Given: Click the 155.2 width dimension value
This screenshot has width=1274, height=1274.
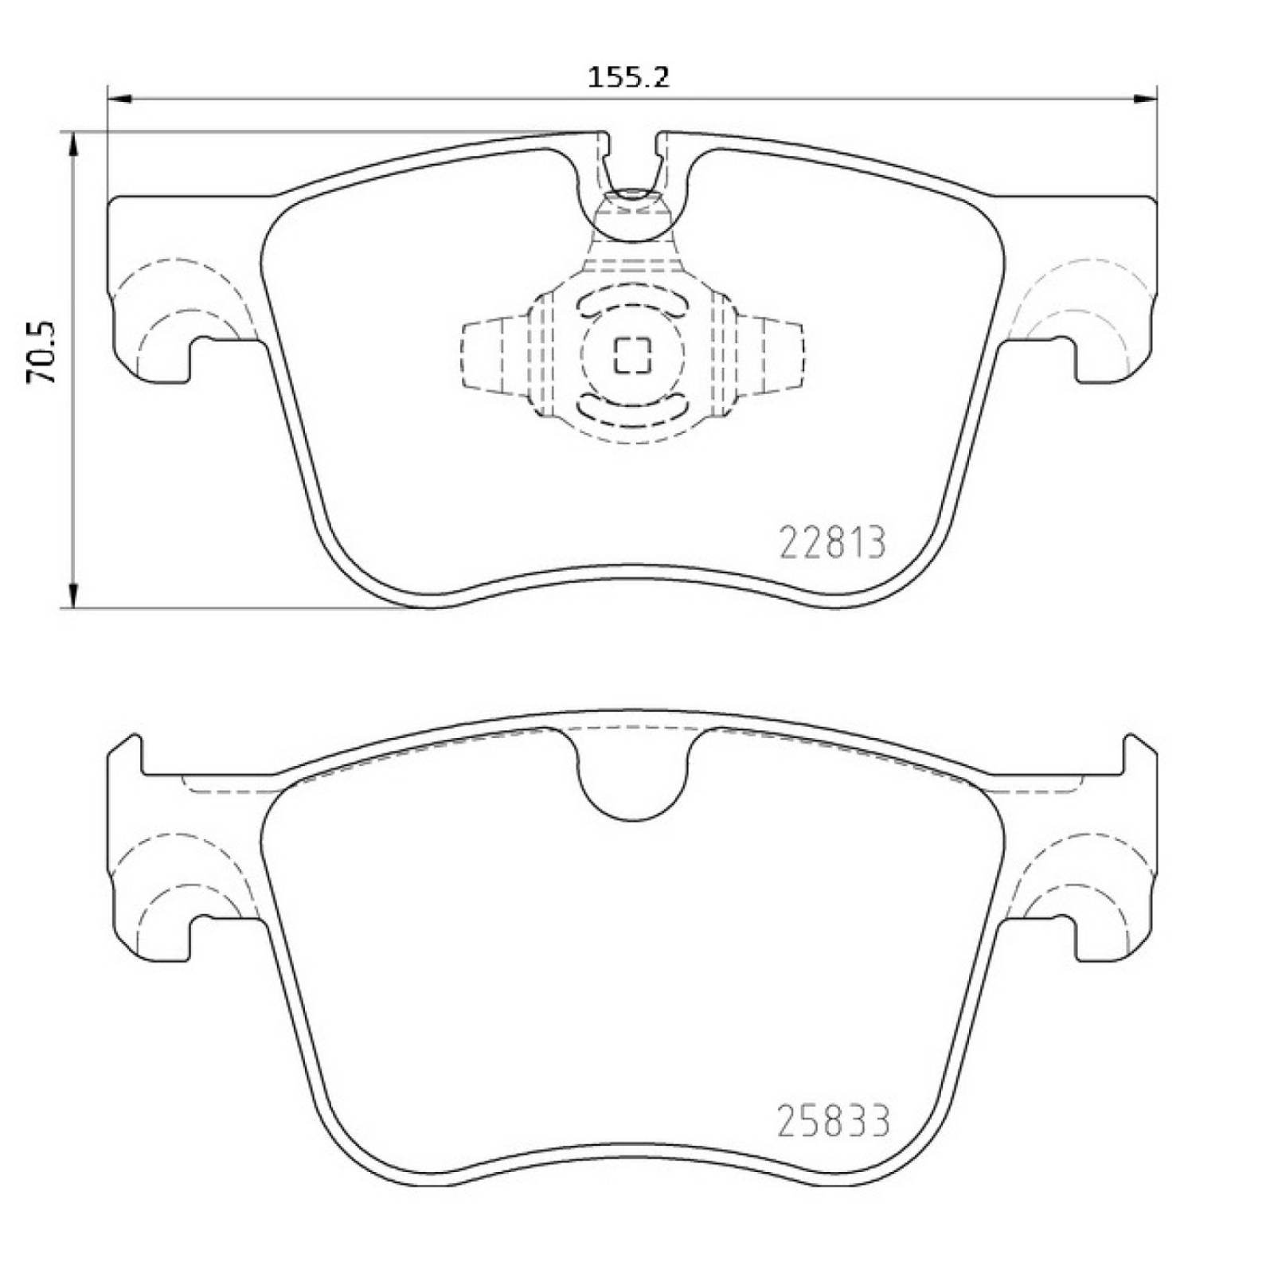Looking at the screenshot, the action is coord(629,77).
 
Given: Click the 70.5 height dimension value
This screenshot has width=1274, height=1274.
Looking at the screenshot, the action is coord(41,354).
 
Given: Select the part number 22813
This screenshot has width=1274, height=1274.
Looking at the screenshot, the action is coord(832,544).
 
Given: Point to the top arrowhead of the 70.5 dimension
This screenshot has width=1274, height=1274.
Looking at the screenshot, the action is coord(73,144).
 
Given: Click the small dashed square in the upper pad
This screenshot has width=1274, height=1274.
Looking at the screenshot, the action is coord(633,354).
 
